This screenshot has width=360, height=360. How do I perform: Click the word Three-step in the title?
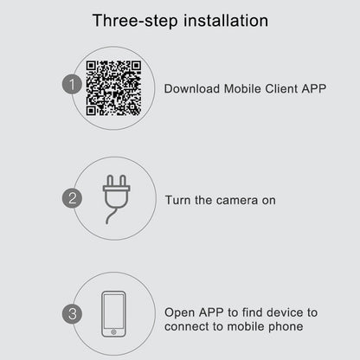pyautogui.click(x=135, y=21)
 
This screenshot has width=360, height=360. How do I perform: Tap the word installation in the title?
pyautogui.click(x=226, y=21)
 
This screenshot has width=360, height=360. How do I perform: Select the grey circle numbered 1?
pyautogui.click(x=72, y=84)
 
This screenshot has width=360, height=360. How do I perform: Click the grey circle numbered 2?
pyautogui.click(x=72, y=198)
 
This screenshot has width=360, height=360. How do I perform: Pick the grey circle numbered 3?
pyautogui.click(x=72, y=313)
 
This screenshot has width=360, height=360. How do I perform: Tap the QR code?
pyautogui.click(x=113, y=88)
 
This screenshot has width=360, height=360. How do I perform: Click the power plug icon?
pyautogui.click(x=116, y=199)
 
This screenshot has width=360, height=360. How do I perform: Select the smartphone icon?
pyautogui.click(x=113, y=314)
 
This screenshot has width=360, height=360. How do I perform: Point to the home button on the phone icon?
pyautogui.click(x=113, y=332)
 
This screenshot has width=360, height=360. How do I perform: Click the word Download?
pyautogui.click(x=192, y=88)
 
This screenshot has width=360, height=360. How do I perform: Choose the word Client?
pyautogui.click(x=281, y=88)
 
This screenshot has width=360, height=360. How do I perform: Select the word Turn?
pyautogui.click(x=178, y=200)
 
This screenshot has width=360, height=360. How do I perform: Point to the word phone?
pyautogui.click(x=286, y=327)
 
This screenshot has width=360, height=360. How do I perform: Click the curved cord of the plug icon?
pyautogui.click(x=112, y=215)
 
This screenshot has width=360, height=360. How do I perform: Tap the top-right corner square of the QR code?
pyautogui.click(x=135, y=67)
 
